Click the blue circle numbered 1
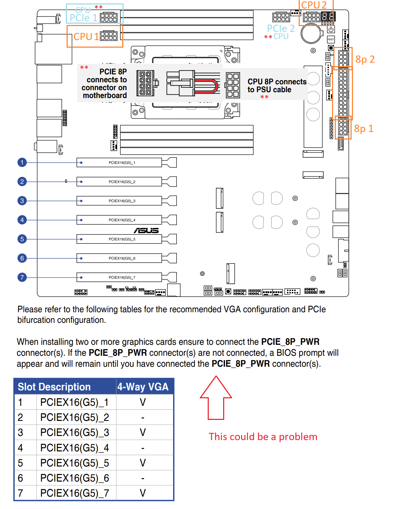pyautogui.click(x=22, y=162)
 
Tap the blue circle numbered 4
pyautogui.click(x=22, y=220)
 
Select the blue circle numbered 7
pyautogui.click(x=22, y=277)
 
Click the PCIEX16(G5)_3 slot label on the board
pyautogui.click(x=122, y=201)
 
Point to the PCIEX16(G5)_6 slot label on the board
pyautogui.click(x=122, y=258)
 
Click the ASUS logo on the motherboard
pyautogui.click(x=146, y=231)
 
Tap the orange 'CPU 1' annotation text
pyautogui.click(x=86, y=37)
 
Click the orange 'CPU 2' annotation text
pyautogui.click(x=313, y=5)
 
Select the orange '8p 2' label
pyautogui.click(x=365, y=60)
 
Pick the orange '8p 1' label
pyautogui.click(x=364, y=129)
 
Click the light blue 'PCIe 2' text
pyautogui.click(x=281, y=28)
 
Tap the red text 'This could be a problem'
pyautogui.click(x=263, y=437)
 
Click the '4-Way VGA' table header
pyautogui.click(x=143, y=387)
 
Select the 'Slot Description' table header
pyautogui.click(x=54, y=387)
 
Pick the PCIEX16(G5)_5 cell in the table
pyautogui.click(x=75, y=463)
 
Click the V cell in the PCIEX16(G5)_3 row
pyautogui.click(x=143, y=433)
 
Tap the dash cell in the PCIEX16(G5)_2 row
pyautogui.click(x=143, y=417)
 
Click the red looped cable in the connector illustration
pyautogui.click(x=209, y=86)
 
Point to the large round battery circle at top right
pyautogui.click(x=311, y=33)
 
